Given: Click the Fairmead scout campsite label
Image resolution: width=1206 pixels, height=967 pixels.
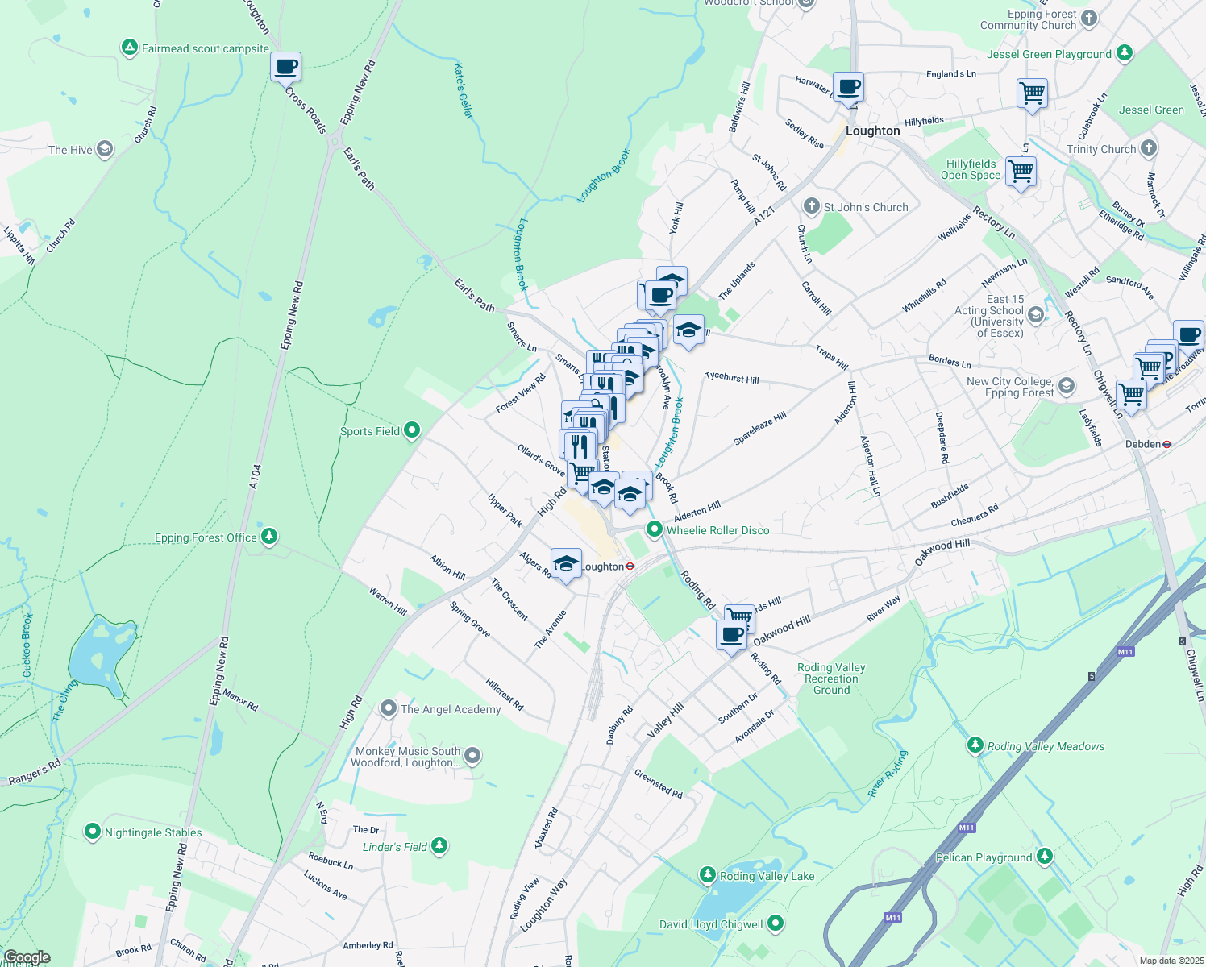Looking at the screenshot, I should [205, 48].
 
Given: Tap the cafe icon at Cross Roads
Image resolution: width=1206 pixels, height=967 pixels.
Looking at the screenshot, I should [285, 67].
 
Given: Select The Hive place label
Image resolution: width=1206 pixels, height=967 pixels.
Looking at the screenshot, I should [70, 150].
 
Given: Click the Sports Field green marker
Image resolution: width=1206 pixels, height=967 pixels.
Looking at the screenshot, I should [412, 430].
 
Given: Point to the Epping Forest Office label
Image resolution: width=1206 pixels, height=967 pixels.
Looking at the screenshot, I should [206, 537].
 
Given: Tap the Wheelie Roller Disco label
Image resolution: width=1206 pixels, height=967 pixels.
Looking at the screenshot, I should [717, 530].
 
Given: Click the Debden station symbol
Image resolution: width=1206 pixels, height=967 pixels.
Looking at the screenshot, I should [1166, 444].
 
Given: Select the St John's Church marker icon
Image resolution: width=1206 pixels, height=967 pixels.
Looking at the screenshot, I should [812, 206].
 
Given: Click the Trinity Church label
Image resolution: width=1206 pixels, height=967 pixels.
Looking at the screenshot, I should [1100, 149].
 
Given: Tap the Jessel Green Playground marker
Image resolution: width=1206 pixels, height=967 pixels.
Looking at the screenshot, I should [1125, 53].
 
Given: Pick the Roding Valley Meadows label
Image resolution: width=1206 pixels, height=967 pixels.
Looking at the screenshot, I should [1046, 746].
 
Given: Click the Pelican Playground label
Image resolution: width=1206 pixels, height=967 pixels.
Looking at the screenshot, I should [984, 857].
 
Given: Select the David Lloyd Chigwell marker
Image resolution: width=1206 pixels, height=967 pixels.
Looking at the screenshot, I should [776, 923].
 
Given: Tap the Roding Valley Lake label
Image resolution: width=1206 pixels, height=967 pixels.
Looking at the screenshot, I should [767, 876].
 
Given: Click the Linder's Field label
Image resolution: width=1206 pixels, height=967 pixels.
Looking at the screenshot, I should [395, 847].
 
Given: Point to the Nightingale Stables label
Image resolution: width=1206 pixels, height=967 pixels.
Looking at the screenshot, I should [153, 832].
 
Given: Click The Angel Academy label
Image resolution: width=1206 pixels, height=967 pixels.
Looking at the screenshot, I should [451, 709].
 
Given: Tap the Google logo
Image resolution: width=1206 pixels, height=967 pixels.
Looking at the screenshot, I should [27, 957].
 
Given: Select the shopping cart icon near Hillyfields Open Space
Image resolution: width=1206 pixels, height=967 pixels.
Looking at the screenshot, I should [1021, 171].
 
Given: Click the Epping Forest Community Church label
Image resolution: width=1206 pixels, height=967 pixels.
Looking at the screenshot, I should [1028, 19].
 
